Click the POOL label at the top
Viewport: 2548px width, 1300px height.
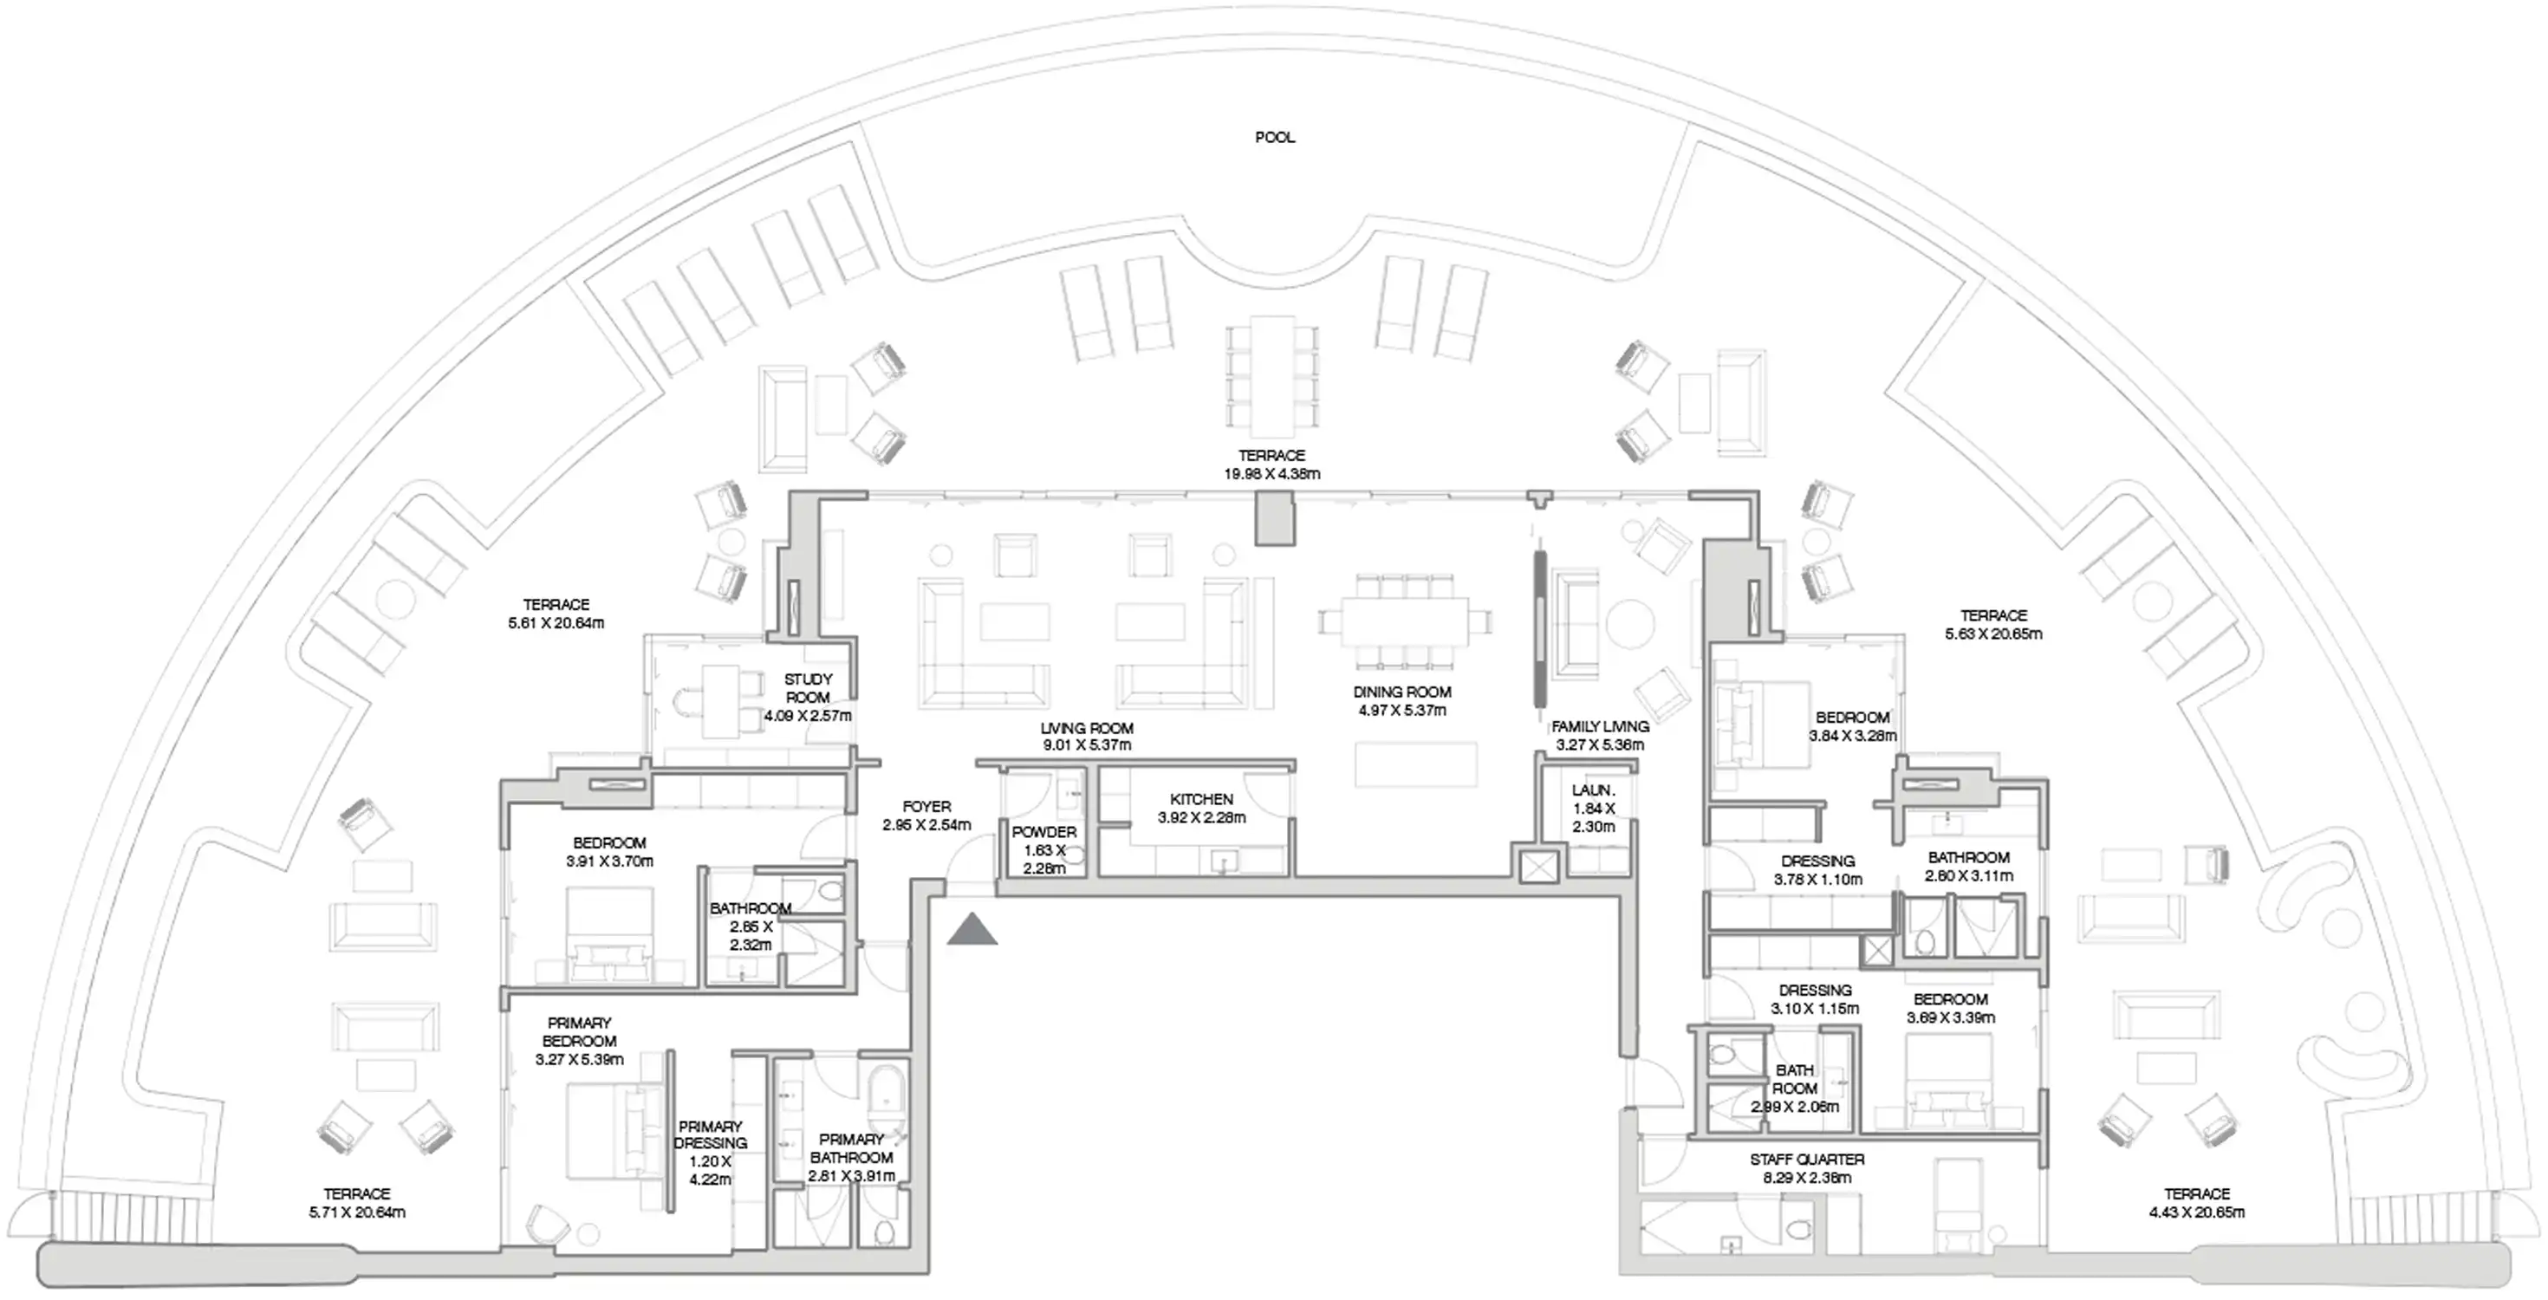click(x=1274, y=138)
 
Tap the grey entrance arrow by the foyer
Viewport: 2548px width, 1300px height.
click(x=972, y=929)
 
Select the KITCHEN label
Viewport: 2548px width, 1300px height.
click(x=1201, y=798)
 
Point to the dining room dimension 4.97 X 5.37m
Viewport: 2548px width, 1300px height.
click(x=1401, y=711)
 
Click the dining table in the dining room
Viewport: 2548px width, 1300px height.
click(x=1404, y=621)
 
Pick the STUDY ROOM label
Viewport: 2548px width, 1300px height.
click(x=808, y=687)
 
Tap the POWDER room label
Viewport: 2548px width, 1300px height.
click(x=1043, y=832)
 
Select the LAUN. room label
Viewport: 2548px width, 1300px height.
click(x=1593, y=790)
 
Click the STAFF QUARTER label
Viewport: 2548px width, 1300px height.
click(x=1806, y=1159)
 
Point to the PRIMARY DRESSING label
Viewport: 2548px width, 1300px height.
click(x=710, y=1134)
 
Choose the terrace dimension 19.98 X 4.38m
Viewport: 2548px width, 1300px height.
click(x=1271, y=474)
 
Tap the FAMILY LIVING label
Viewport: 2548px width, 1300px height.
click(x=1599, y=726)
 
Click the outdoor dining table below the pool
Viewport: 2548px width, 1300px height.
click(x=1271, y=376)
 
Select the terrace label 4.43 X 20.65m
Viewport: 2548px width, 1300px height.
click(x=2196, y=1212)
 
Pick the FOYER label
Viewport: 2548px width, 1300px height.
click(x=926, y=806)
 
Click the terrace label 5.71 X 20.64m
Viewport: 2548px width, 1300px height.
click(x=357, y=1212)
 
